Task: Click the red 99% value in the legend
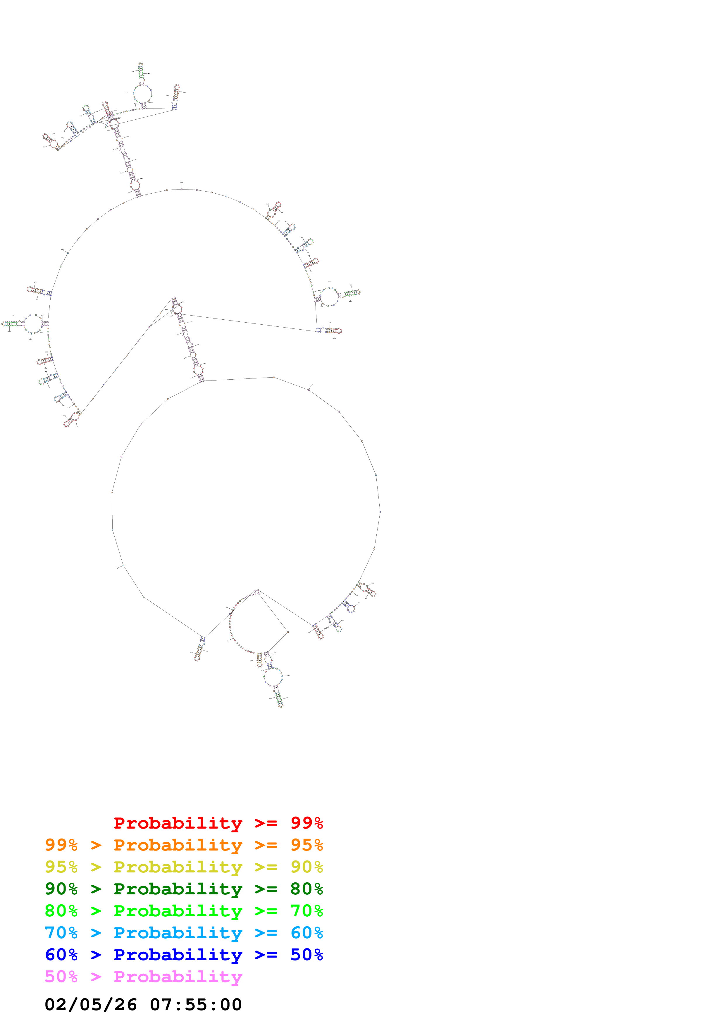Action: point(306,823)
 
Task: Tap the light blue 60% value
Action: point(306,933)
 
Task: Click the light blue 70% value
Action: point(61,933)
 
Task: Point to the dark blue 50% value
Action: point(306,955)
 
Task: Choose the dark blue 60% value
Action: point(61,955)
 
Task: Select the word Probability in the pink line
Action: point(178,977)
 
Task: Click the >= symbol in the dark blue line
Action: point(266,955)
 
